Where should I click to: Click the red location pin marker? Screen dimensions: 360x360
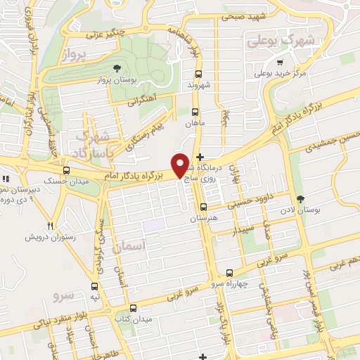(181, 165)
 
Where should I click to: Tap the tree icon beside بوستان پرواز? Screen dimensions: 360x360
(117, 68)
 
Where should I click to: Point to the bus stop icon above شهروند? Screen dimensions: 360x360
(198, 73)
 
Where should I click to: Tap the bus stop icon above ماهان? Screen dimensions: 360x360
(195, 111)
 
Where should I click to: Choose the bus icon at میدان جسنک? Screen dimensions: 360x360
(66, 170)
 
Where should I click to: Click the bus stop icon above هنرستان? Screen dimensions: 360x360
(203, 207)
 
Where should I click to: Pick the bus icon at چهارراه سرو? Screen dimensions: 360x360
(229, 273)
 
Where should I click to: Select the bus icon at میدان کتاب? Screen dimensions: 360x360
(133, 307)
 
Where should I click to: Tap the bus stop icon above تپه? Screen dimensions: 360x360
(94, 285)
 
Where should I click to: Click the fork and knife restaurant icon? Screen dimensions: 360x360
(49, 226)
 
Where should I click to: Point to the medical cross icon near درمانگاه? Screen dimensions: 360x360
(200, 157)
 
